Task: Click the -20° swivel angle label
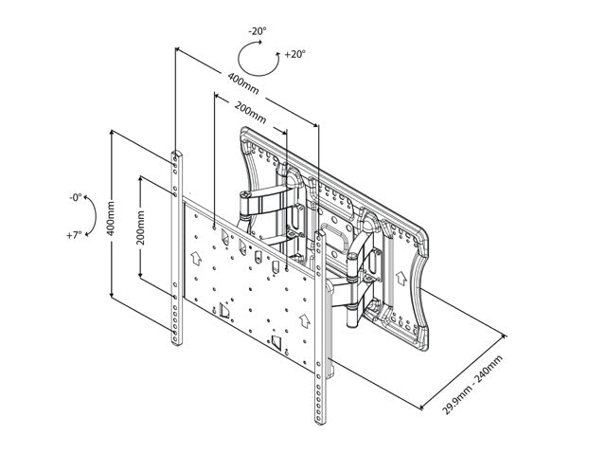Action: tap(257, 31)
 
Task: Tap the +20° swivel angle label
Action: tap(294, 54)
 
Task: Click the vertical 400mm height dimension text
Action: tap(113, 219)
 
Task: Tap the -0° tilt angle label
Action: tap(75, 198)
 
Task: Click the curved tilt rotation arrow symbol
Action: tap(90, 216)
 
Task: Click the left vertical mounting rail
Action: tap(176, 246)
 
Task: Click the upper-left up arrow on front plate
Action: tap(197, 256)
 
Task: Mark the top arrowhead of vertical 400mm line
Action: tap(113, 133)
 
